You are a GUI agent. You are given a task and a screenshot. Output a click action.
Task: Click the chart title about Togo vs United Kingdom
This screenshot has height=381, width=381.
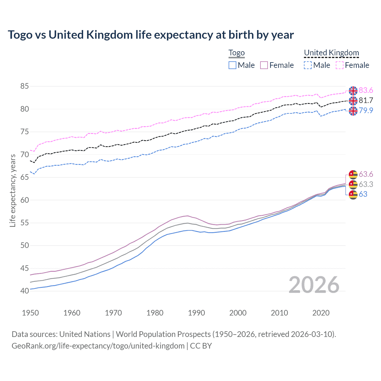tap(151, 35)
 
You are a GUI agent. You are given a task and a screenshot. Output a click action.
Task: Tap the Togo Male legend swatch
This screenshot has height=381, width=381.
tap(232, 65)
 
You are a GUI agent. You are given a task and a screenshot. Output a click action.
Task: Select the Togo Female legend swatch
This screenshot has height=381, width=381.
tap(264, 65)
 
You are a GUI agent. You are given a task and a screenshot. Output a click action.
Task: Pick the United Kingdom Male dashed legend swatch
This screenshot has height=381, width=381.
tap(308, 65)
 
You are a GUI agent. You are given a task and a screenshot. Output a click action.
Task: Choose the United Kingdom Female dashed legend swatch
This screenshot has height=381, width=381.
tap(340, 65)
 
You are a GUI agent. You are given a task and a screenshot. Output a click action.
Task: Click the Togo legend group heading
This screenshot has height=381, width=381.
tap(236, 53)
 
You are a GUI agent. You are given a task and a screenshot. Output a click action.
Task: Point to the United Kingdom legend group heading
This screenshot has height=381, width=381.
tap(331, 53)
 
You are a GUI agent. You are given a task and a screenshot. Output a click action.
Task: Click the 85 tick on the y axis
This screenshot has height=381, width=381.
tap(24, 86)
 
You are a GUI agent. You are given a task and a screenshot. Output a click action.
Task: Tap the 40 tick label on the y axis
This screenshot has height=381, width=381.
tap(24, 291)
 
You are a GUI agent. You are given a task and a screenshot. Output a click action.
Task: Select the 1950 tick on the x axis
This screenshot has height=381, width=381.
tap(30, 313)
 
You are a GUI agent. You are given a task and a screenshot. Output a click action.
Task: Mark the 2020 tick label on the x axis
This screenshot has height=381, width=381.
tap(321, 313)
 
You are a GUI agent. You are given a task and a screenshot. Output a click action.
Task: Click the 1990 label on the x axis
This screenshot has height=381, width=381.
tap(196, 313)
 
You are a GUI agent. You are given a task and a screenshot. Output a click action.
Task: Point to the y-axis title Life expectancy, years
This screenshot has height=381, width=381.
tap(13, 190)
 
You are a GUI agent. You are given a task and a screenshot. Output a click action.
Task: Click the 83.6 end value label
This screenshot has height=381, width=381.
tap(366, 90)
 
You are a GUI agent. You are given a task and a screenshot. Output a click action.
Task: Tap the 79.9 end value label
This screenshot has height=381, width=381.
tap(366, 110)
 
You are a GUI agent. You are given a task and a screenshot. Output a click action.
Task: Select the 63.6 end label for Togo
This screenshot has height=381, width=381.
tap(366, 174)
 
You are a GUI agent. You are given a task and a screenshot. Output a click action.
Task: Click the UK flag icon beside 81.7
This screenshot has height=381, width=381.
tap(353, 101)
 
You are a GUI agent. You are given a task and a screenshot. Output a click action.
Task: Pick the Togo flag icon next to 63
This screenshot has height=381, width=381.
tap(353, 195)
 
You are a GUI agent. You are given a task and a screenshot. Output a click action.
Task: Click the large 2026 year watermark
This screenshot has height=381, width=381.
tap(314, 285)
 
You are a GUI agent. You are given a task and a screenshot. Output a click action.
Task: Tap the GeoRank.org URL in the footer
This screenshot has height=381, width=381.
tap(98, 346)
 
